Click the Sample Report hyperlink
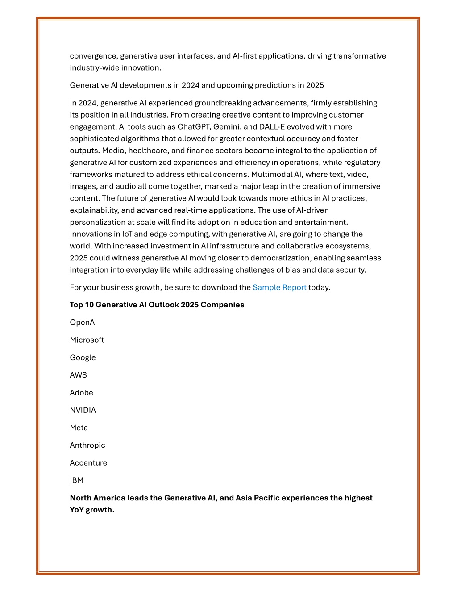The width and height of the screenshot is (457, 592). (279, 287)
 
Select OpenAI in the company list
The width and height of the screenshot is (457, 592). (83, 323)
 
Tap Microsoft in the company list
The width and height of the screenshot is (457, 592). (87, 340)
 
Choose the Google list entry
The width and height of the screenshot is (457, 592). (83, 357)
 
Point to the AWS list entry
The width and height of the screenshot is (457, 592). (79, 375)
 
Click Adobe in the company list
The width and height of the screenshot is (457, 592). (82, 393)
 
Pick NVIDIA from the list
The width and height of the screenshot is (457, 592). (83, 410)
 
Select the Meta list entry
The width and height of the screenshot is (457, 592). (79, 428)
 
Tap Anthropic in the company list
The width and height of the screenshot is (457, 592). (87, 445)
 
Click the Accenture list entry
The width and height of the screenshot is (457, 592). (88, 463)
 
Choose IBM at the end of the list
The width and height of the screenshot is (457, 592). (77, 480)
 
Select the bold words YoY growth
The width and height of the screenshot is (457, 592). (92, 510)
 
